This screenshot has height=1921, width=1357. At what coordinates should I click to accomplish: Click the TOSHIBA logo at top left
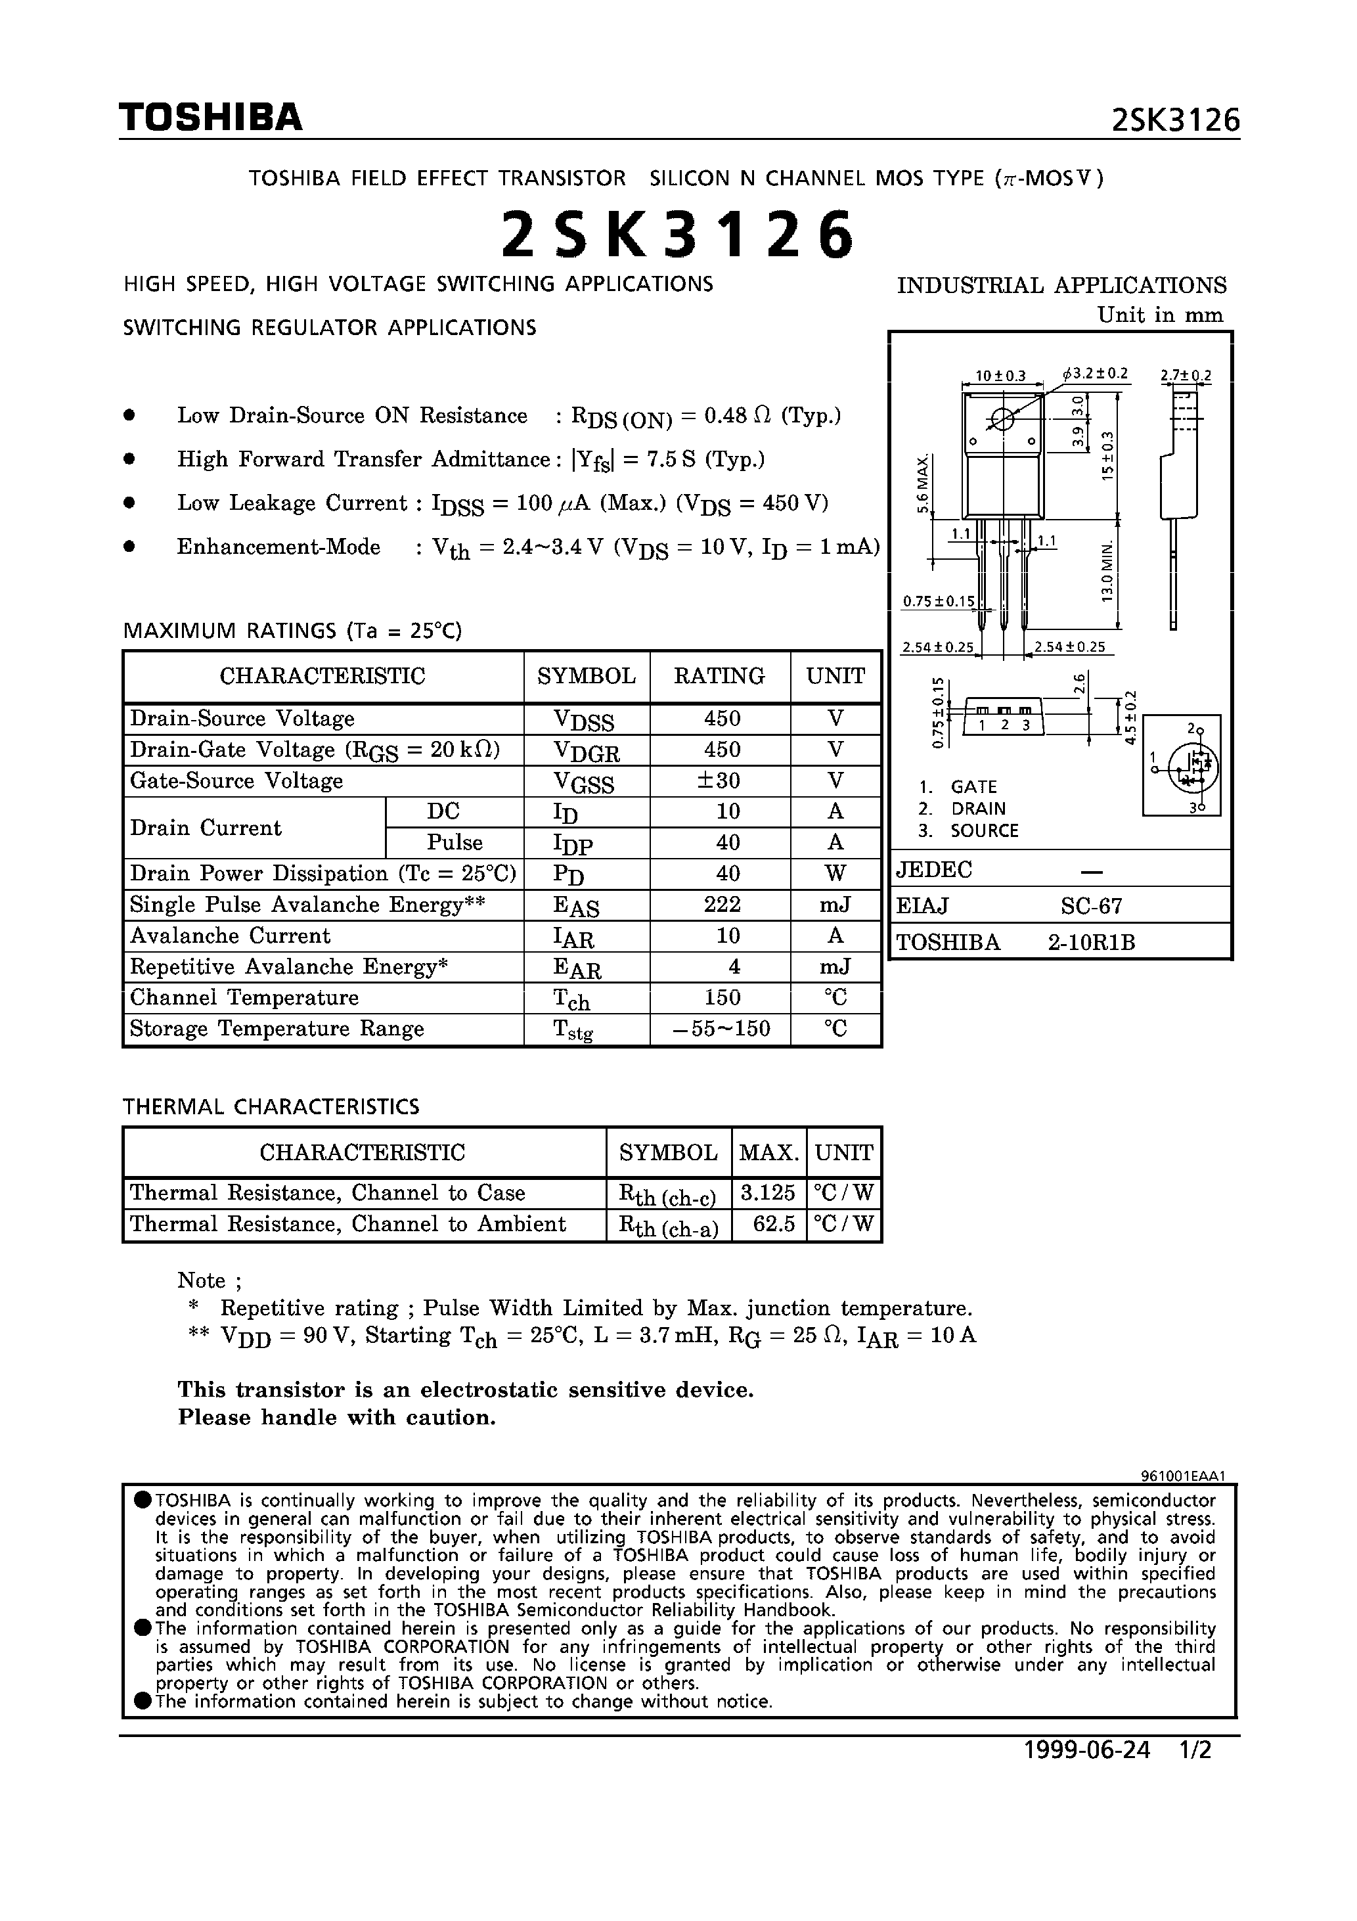pyautogui.click(x=210, y=118)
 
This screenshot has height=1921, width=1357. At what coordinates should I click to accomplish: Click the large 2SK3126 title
pyautogui.click(x=678, y=235)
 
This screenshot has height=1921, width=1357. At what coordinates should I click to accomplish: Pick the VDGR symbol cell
pyautogui.click(x=587, y=750)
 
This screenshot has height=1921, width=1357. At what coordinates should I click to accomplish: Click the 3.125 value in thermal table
pyautogui.click(x=767, y=1192)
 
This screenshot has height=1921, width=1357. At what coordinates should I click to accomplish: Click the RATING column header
pyautogui.click(x=719, y=676)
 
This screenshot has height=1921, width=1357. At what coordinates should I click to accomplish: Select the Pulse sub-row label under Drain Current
pyautogui.click(x=455, y=842)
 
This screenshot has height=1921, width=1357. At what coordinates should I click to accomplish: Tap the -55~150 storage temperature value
pyautogui.click(x=721, y=1028)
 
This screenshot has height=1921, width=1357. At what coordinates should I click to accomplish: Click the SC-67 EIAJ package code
pyautogui.click(x=1091, y=906)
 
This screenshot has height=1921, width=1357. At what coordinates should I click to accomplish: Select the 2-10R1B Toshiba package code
pyautogui.click(x=1091, y=943)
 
